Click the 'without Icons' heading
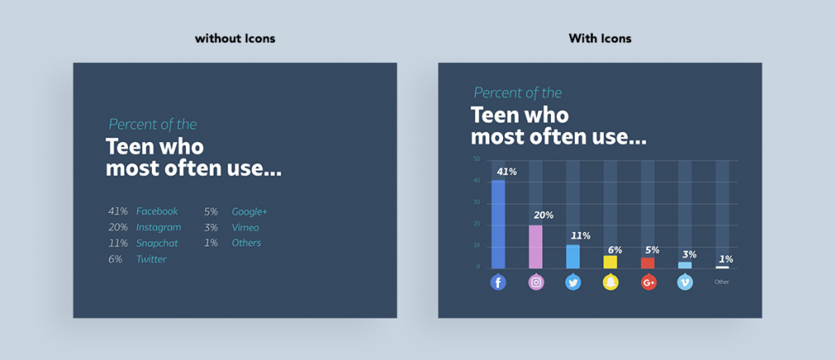(x=234, y=39)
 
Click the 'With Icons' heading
(x=599, y=39)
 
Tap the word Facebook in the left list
(x=157, y=211)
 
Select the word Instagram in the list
(x=158, y=227)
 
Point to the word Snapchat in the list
(x=157, y=243)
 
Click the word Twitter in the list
(x=151, y=260)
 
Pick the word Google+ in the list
(x=249, y=211)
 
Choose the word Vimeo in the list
(x=247, y=227)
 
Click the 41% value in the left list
(x=119, y=211)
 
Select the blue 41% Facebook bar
(x=498, y=224)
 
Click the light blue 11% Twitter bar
(x=573, y=256)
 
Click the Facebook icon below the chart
(x=498, y=282)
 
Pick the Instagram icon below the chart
(x=536, y=282)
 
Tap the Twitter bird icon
(x=573, y=282)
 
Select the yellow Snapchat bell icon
(x=611, y=282)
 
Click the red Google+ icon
(x=648, y=282)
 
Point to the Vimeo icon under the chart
(x=686, y=282)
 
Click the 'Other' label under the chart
(x=722, y=282)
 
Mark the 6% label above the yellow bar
(x=615, y=250)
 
